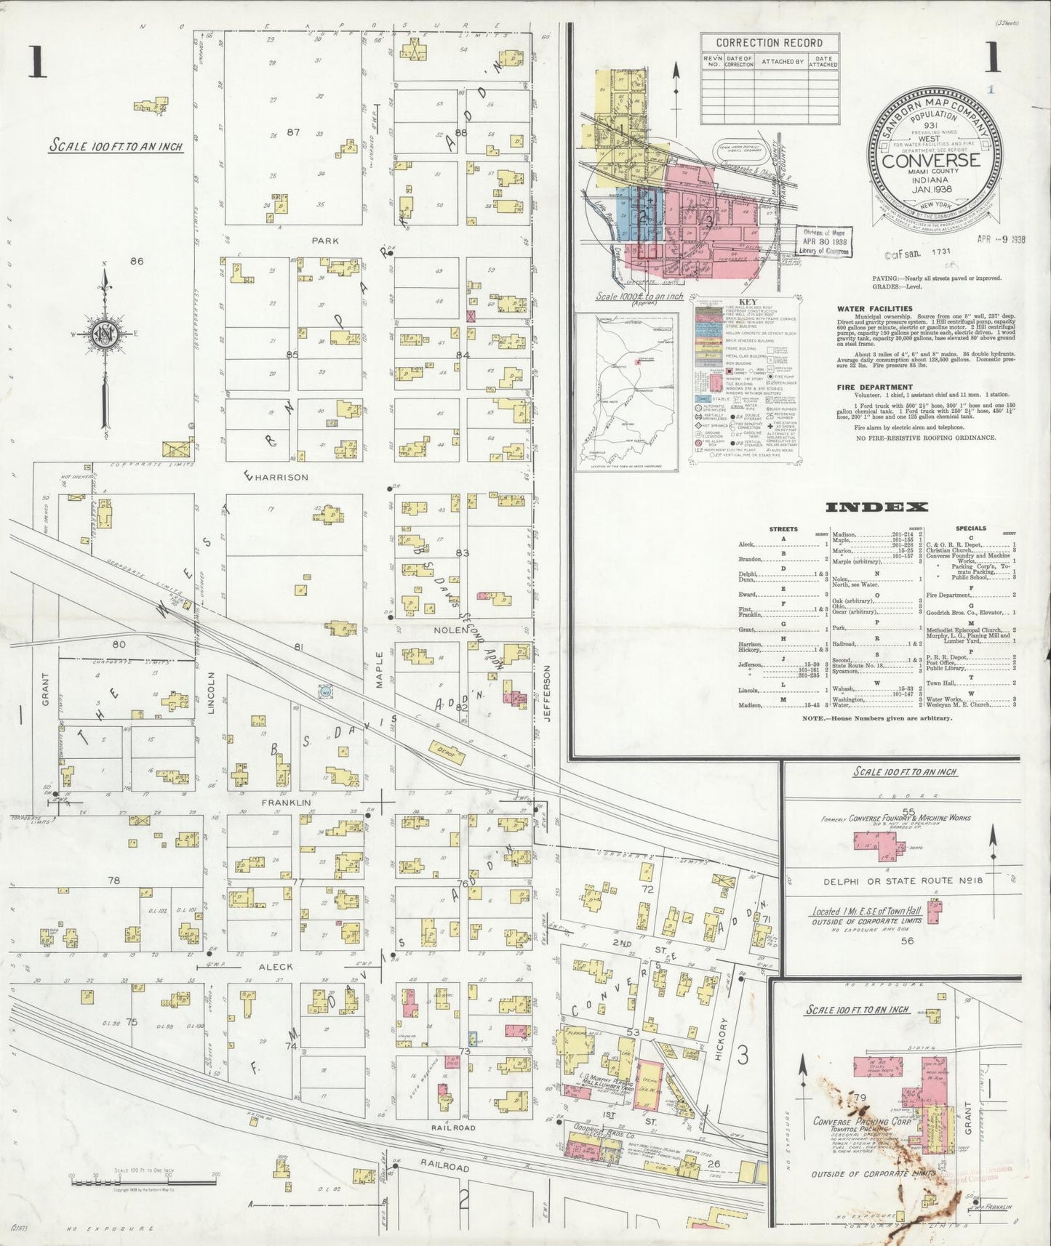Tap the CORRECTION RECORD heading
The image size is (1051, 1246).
769,43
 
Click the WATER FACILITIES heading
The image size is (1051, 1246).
874,309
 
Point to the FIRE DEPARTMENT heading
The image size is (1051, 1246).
874,387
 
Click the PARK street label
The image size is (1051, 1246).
325,241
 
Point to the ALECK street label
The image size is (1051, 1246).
276,967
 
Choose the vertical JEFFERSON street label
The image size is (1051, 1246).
547,692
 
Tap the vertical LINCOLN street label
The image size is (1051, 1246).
212,691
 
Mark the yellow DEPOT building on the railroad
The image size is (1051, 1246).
447,753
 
